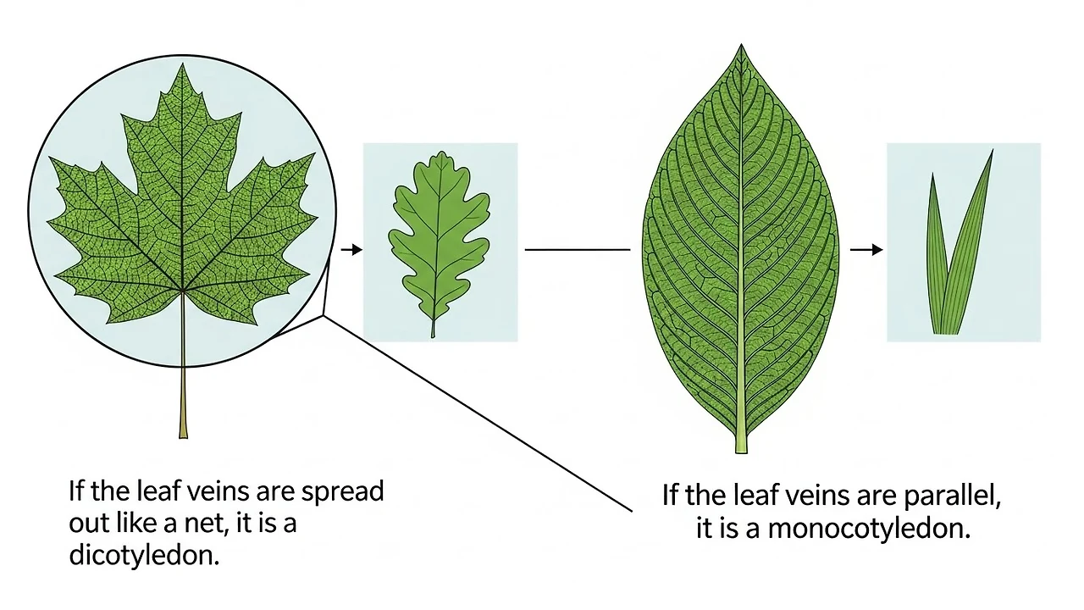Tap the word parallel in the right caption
click(951, 496)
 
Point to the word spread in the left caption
click(341, 491)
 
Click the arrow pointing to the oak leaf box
click(351, 249)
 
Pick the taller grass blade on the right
click(970, 246)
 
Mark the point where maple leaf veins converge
click(183, 291)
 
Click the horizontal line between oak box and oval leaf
click(578, 250)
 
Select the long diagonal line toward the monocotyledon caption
click(478, 415)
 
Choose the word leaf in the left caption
click(154, 491)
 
